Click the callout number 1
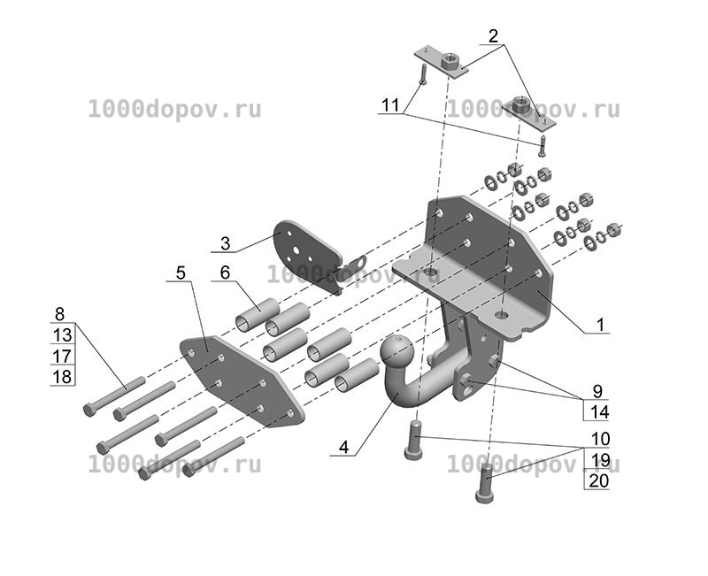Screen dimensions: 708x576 click(x=600, y=324)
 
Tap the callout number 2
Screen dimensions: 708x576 click(x=493, y=35)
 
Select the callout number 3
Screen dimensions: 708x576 click(x=226, y=243)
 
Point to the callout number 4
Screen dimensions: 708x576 click(x=343, y=448)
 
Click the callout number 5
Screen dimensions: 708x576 click(x=181, y=273)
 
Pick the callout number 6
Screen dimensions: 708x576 click(x=225, y=273)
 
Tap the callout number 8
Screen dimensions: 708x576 click(x=59, y=314)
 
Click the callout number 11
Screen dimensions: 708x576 click(x=390, y=105)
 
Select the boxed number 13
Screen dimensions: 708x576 click(x=62, y=335)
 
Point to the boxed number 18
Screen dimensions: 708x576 click(x=62, y=376)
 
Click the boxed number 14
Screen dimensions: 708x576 click(x=599, y=411)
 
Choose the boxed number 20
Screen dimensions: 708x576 click(x=599, y=480)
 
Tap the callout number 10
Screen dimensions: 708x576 click(x=600, y=438)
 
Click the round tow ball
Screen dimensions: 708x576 click(x=396, y=352)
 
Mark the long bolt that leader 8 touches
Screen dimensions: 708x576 click(x=114, y=396)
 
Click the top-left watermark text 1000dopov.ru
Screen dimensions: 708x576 click(x=174, y=110)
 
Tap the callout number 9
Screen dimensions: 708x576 click(x=597, y=391)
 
